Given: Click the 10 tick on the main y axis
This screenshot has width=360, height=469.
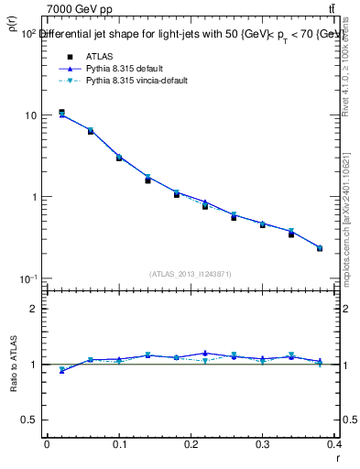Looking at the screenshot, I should (x=30, y=115).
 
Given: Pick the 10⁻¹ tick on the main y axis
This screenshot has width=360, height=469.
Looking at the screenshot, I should (x=27, y=278).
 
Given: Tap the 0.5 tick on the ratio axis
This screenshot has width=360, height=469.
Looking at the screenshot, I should (x=32, y=420).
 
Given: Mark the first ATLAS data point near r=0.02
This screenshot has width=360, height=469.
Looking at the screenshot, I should (x=61, y=113).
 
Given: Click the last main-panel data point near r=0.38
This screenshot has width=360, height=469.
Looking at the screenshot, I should (x=320, y=248).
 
